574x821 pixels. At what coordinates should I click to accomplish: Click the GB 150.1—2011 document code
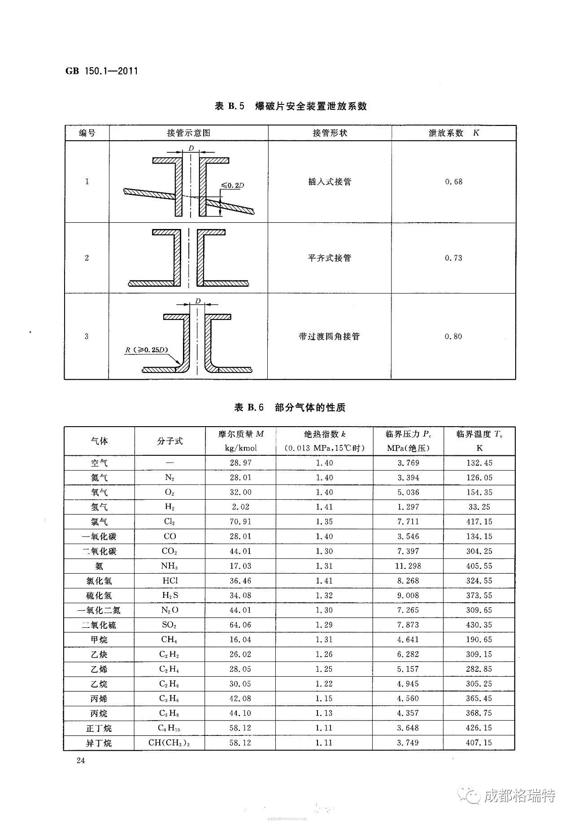coord(101,71)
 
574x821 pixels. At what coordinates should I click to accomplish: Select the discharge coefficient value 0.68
coord(453,181)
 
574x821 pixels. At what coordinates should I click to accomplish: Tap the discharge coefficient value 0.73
coord(453,258)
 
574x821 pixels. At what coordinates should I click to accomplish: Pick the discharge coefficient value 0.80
coord(453,336)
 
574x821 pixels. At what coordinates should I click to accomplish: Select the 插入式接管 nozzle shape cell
coord(330,181)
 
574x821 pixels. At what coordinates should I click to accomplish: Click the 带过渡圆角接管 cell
coord(330,336)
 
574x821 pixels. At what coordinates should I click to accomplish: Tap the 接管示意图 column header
coord(188,133)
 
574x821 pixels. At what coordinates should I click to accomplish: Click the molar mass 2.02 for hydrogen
coord(240,507)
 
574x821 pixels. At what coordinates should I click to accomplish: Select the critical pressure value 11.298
coord(408,566)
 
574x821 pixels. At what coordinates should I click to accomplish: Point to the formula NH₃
coord(170,566)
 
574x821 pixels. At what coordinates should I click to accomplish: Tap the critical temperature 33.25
coord(479,507)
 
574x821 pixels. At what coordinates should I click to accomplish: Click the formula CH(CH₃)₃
coord(170,743)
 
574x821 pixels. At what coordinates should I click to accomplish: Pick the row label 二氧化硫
coord(99,625)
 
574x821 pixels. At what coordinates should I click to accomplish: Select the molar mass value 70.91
coord(240,522)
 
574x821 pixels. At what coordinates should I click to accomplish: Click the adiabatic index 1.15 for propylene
coord(324,698)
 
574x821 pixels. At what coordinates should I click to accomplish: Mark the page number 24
coord(81,760)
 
